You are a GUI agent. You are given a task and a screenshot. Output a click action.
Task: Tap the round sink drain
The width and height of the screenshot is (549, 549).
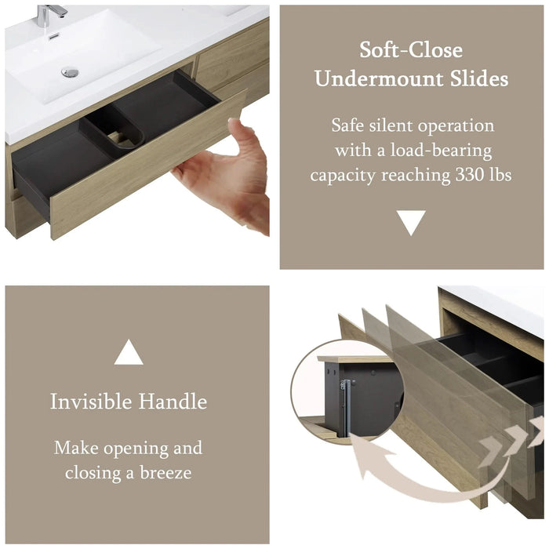pos(70,72)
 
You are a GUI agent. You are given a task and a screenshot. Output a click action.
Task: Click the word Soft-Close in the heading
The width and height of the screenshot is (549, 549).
pos(411,50)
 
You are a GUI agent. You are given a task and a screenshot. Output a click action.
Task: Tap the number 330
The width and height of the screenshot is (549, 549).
pos(472,175)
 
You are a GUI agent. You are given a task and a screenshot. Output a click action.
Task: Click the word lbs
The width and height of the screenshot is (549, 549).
pos(503,175)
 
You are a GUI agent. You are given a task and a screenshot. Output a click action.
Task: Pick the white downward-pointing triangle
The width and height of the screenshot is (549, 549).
pos(411,223)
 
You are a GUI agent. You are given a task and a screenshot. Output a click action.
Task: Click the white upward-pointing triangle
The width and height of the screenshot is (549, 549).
pos(129,354)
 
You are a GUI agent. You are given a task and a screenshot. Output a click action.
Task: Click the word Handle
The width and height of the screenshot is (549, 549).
pos(173,402)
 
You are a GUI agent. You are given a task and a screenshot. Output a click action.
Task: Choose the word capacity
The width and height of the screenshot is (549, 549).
pos(343,176)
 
